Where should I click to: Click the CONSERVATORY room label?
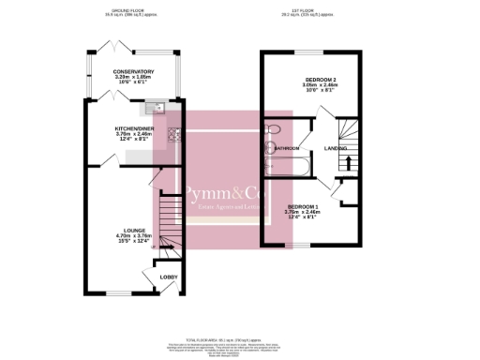click(133, 71)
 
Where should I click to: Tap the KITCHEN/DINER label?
click(133, 127)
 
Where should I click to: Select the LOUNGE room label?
click(129, 230)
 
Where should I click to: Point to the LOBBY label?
click(169, 277)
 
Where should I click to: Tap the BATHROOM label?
click(288, 148)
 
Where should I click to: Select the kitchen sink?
click(161, 107)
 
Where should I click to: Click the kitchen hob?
click(172, 133)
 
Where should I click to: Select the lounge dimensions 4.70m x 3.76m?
click(129, 236)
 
